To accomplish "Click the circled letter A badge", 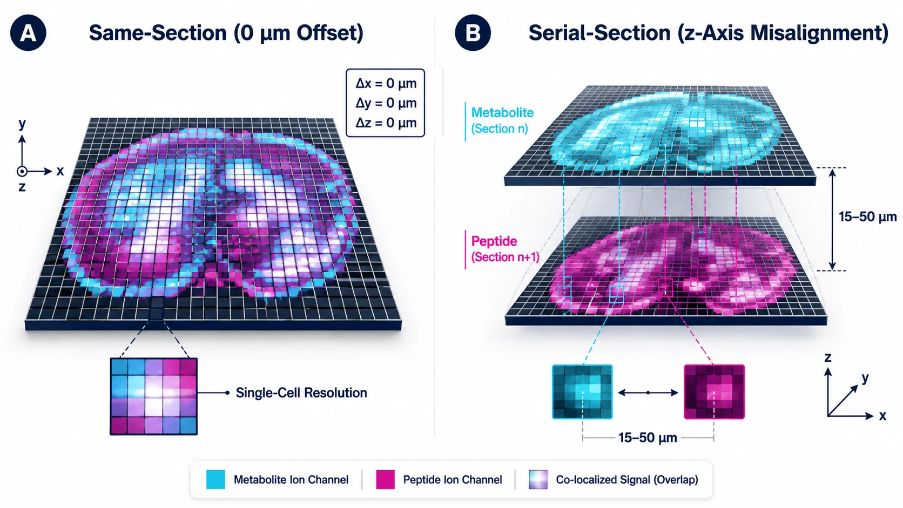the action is [x=28, y=32].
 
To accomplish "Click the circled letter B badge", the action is [x=473, y=32].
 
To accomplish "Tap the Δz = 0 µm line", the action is [x=386, y=123].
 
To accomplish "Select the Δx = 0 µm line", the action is [x=386, y=83].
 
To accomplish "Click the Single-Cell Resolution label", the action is [x=301, y=393].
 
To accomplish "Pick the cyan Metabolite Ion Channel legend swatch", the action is [x=215, y=479].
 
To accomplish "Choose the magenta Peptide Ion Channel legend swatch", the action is [x=385, y=479].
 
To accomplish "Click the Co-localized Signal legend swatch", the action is [x=538, y=479].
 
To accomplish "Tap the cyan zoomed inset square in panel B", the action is [x=582, y=392].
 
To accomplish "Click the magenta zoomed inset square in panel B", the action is [x=714, y=392].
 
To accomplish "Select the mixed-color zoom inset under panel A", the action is [x=153, y=396].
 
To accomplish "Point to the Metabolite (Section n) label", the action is [x=502, y=120].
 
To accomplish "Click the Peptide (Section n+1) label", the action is [x=505, y=249].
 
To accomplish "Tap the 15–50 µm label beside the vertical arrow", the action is [x=867, y=216].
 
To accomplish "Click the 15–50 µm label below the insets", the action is [x=648, y=437].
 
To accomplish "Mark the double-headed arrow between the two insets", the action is [x=648, y=392].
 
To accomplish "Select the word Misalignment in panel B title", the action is [x=819, y=32].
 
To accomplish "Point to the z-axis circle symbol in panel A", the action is [x=22, y=171].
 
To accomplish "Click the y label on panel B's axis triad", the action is [x=865, y=378].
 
